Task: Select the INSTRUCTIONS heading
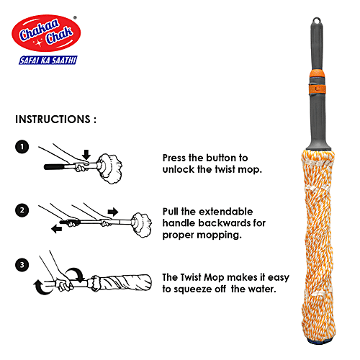pyautogui.click(x=55, y=118)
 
